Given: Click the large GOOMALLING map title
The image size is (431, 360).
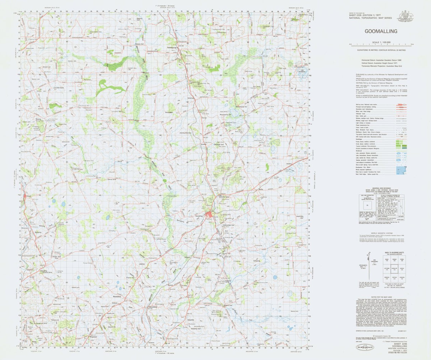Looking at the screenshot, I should [x=381, y=31].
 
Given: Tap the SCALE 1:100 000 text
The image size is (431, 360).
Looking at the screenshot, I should [x=381, y=42].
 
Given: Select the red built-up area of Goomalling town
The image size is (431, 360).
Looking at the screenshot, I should [x=209, y=216].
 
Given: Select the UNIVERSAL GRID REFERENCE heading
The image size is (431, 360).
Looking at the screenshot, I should [x=381, y=188].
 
